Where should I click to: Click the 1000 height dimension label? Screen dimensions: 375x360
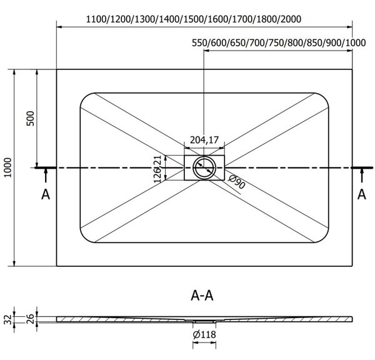point(8,167)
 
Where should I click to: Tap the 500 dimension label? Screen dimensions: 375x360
point(31,118)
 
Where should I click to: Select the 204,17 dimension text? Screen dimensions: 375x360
point(204,139)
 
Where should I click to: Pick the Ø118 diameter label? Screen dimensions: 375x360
point(204,334)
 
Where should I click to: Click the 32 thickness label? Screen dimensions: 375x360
point(8,319)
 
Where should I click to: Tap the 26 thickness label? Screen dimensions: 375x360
point(31,319)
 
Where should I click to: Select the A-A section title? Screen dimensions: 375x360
point(202,296)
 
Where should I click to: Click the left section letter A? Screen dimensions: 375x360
point(46,194)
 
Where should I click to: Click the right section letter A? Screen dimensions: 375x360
point(362,194)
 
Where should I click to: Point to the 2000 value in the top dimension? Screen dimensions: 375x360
point(291,19)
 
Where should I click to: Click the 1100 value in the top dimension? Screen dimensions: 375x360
point(96,19)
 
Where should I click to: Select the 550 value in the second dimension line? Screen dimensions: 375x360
point(200,42)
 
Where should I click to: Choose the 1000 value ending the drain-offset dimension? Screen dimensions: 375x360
point(356,42)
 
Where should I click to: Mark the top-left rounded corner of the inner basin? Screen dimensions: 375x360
point(84,97)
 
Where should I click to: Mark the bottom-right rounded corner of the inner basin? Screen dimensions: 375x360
point(324,238)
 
